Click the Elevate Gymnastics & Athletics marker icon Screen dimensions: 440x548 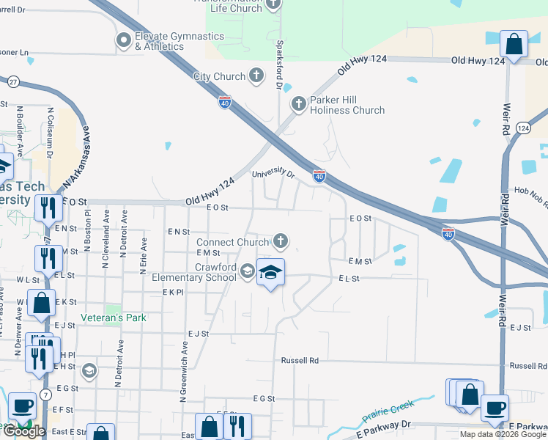tap(122, 40)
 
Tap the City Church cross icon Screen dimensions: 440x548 tap(256, 76)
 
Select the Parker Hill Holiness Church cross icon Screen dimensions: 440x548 tap(298, 104)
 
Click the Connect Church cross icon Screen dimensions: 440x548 tap(280, 241)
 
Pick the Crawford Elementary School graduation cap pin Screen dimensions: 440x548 tap(270, 273)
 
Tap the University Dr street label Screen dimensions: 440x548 tap(273, 174)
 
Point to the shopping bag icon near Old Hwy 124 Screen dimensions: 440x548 tap(514, 43)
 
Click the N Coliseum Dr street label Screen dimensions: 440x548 tap(51, 134)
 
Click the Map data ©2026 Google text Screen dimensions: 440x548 tap(502, 434)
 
